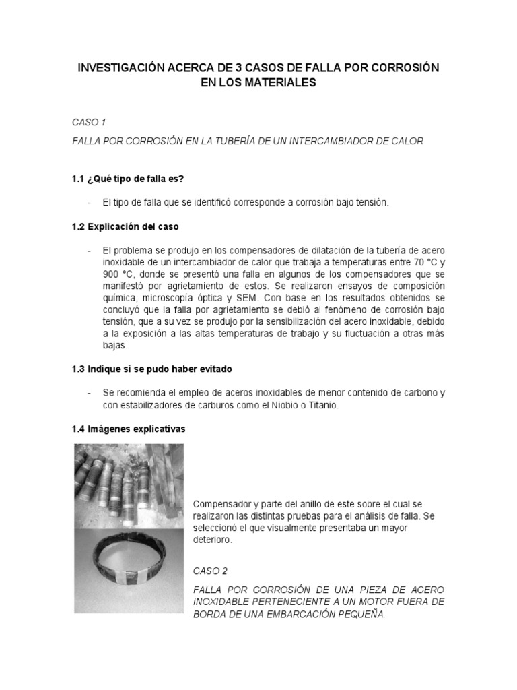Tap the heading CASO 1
[89, 122]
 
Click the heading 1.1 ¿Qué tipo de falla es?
[127, 179]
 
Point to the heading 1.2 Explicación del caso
[125, 226]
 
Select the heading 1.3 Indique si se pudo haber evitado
[154, 369]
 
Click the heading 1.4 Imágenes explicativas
[128, 429]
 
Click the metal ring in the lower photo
[129, 573]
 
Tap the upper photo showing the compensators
[129, 485]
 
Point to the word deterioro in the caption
[211, 540]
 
